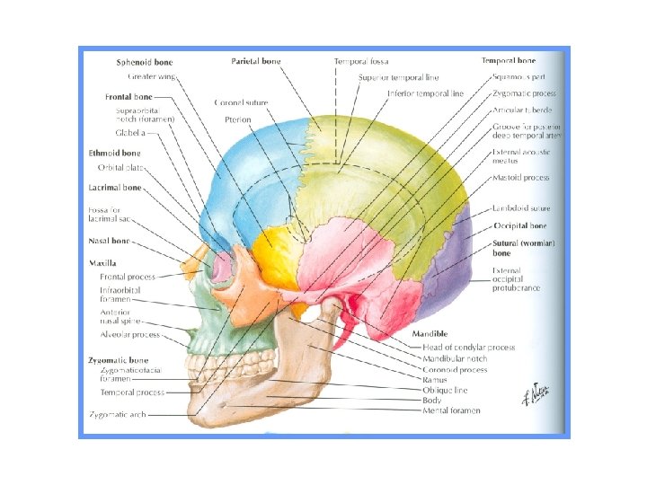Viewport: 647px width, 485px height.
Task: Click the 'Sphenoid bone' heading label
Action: (145, 63)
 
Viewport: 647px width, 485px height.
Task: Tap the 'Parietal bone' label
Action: (256, 62)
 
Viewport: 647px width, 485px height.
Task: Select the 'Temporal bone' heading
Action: (508, 61)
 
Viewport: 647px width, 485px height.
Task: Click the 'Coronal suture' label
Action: (241, 103)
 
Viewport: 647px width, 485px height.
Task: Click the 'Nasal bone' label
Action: (110, 242)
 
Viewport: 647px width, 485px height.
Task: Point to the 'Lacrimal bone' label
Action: (115, 188)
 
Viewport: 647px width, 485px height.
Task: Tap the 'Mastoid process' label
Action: (521, 178)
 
